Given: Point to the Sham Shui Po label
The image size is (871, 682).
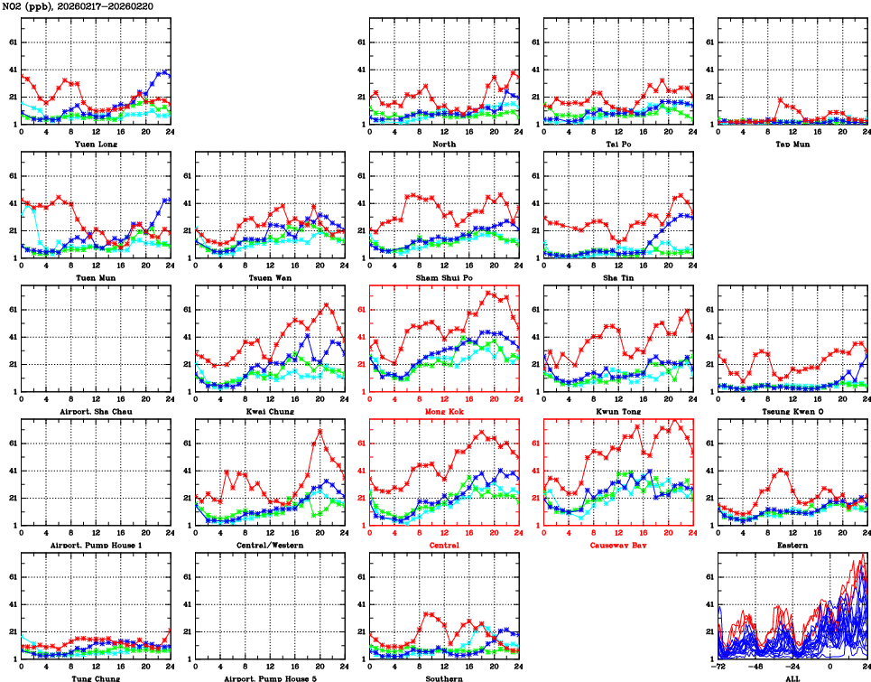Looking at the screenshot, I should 443,277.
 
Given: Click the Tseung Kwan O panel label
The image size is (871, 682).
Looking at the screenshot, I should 792,411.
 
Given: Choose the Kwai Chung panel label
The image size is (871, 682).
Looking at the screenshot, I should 269,411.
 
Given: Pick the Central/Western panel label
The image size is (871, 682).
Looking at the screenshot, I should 269,546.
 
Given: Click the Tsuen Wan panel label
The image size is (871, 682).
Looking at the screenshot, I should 269,277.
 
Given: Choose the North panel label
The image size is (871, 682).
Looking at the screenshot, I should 443,144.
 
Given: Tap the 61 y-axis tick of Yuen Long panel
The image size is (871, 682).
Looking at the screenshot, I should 11,42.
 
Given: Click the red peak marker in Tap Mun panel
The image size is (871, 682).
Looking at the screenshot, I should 780,99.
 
